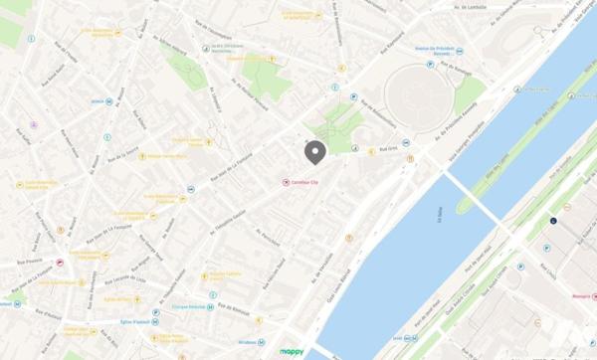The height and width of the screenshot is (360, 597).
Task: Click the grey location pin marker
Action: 314,152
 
